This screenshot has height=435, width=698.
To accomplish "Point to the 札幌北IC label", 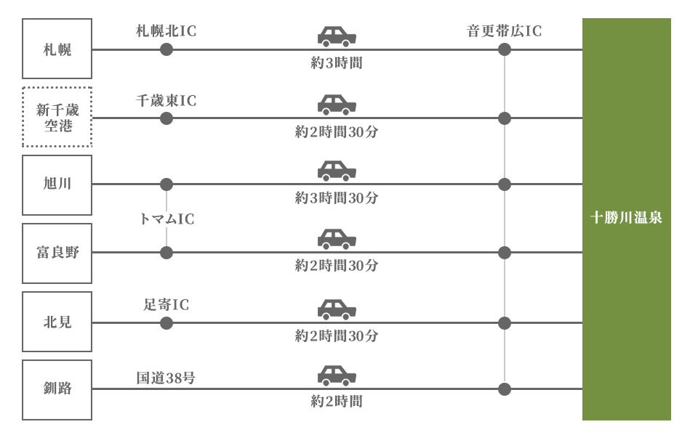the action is (x=166, y=31).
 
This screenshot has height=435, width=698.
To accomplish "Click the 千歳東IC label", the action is (x=166, y=101).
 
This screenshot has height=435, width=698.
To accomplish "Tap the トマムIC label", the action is (x=167, y=219).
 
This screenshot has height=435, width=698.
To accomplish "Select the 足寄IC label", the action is (x=166, y=305).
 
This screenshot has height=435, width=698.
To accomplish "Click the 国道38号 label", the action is (x=166, y=378).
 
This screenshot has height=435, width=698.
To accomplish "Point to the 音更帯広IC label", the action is (x=505, y=31).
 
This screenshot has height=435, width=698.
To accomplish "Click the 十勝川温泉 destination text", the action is (x=626, y=218).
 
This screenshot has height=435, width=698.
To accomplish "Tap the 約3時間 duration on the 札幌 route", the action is (x=337, y=63).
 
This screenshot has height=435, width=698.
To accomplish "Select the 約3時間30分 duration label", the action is (x=337, y=198).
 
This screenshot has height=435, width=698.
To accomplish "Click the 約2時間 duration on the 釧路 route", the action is (x=337, y=402).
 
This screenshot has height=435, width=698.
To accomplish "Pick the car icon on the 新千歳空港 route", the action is (x=337, y=105).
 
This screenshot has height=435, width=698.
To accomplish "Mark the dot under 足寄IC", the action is (x=167, y=323).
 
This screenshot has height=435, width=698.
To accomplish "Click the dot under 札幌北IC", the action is (x=167, y=49).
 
